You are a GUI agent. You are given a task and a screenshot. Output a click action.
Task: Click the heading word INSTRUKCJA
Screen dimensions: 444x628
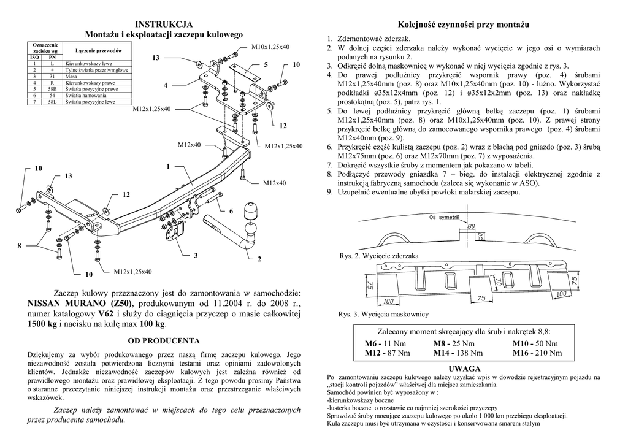(x=164, y=24)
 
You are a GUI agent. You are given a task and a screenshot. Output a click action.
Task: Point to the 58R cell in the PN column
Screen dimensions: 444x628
(x=53, y=89)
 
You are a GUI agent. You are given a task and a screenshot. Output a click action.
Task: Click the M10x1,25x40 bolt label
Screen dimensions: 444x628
(x=270, y=47)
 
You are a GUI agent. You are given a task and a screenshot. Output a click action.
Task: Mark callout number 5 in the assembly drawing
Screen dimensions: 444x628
(x=266, y=64)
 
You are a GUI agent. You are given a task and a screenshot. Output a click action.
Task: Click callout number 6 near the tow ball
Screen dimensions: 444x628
(x=231, y=211)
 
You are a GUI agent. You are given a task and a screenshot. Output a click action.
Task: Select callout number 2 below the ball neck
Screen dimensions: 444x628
(x=259, y=259)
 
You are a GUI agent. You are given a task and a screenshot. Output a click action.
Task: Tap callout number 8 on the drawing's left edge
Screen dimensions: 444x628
(x=19, y=246)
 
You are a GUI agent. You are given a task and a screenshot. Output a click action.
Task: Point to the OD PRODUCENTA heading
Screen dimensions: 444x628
(x=164, y=340)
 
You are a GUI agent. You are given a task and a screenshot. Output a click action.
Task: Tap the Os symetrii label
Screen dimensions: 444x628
(x=446, y=218)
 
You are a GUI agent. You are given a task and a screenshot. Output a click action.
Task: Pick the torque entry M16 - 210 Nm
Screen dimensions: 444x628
(x=537, y=353)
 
